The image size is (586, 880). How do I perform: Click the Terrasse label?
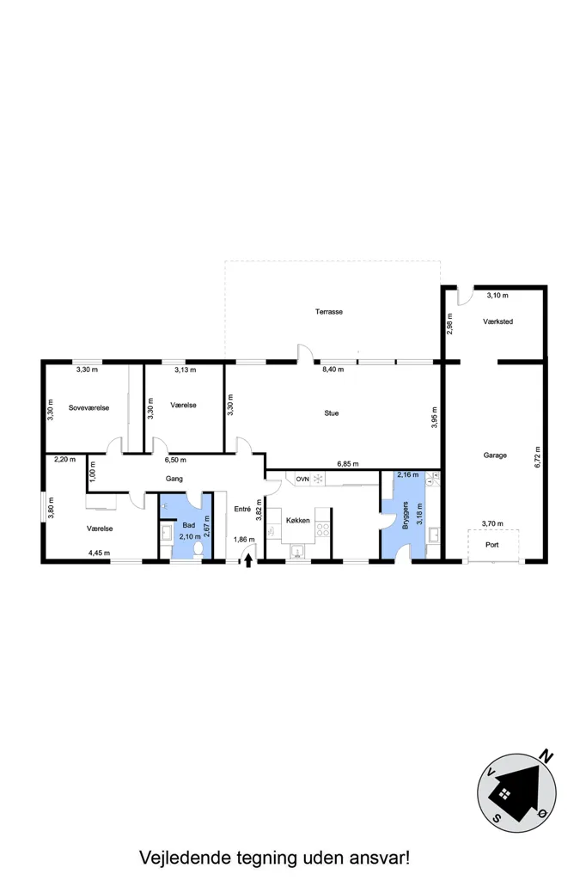point(329,311)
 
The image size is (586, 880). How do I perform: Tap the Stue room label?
point(332,413)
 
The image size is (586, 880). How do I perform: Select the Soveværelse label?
point(89,408)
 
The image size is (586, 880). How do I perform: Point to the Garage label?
point(495,455)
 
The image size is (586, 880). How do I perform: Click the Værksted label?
point(497,321)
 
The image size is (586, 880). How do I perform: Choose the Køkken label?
point(298,520)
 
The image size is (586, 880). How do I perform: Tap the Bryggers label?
point(406,516)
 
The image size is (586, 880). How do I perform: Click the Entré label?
point(242,509)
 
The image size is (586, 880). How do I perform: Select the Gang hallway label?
point(174,479)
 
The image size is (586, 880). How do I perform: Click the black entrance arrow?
point(248,560)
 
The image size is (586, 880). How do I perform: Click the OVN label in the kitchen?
point(302,480)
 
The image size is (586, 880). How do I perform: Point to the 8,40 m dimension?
point(333,370)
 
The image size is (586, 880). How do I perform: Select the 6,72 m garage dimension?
point(538,457)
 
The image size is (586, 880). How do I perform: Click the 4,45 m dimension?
point(100,553)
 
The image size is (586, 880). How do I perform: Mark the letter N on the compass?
point(546,756)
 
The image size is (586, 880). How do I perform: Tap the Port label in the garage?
point(492,544)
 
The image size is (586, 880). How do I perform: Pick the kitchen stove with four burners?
point(322,529)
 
